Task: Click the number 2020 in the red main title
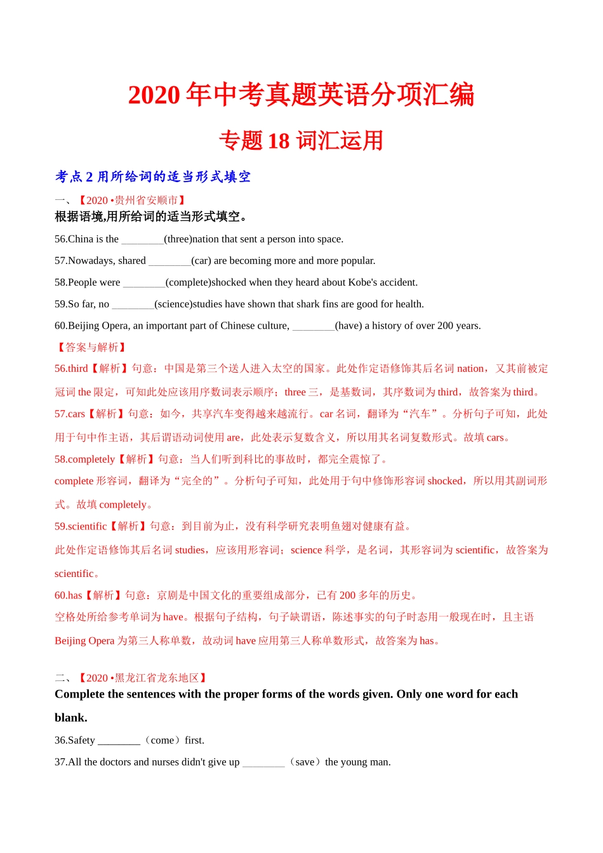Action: (x=154, y=95)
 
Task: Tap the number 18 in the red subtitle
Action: (x=279, y=141)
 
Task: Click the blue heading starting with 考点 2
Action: (x=152, y=177)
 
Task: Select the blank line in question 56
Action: (x=142, y=240)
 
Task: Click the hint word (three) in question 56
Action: (x=178, y=239)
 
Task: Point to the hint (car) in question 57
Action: (x=201, y=261)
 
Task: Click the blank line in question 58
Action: (x=143, y=283)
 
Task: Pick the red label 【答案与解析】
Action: (x=91, y=347)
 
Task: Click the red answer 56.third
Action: (x=71, y=369)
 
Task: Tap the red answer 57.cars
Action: (x=70, y=414)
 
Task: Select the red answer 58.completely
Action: (x=84, y=460)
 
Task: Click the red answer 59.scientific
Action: (x=81, y=526)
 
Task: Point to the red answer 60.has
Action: (x=69, y=595)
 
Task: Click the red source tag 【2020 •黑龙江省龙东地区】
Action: (x=143, y=678)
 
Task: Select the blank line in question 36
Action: (x=119, y=741)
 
